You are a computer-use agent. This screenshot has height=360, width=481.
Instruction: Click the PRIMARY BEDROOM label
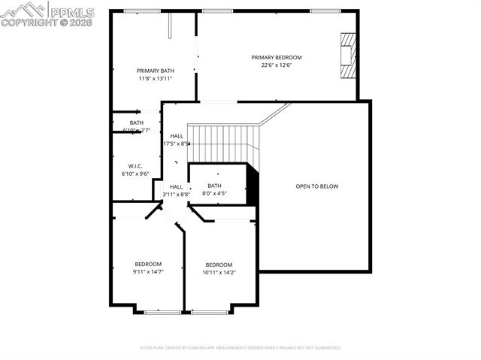[276, 57]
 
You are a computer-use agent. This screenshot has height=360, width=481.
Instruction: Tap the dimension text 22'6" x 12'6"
[276, 65]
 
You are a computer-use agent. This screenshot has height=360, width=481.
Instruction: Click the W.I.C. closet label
[135, 166]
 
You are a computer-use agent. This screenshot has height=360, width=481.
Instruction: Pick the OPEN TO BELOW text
[316, 186]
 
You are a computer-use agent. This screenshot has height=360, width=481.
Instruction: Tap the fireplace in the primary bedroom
[346, 55]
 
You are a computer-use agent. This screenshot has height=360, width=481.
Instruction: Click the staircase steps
[223, 137]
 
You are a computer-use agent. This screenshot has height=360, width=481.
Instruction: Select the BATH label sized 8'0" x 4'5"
[214, 186]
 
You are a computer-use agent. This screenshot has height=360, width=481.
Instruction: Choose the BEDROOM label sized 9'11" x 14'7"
[148, 264]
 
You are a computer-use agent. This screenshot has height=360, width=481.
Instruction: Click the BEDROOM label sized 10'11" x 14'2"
[219, 265]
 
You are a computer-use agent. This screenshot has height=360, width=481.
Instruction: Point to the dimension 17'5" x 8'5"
[177, 144]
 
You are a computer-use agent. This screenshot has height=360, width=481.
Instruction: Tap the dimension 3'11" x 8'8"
[176, 195]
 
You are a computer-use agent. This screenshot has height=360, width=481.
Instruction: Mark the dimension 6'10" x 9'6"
[135, 174]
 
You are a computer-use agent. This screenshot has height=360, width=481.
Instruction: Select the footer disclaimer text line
[240, 348]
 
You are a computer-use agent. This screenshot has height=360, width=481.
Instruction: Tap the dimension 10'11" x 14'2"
[219, 272]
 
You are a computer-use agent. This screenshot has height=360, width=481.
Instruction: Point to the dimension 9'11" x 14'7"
[148, 271]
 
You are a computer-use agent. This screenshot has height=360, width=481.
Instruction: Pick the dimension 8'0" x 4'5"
[214, 193]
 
